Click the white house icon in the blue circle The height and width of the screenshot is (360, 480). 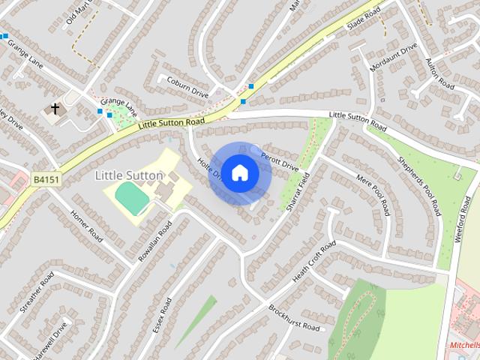239,173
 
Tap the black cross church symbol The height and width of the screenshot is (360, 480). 55,109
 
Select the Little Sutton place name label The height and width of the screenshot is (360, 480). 129,175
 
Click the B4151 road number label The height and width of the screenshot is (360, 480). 46,180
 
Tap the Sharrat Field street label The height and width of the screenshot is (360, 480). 298,192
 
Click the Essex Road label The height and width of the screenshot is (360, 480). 162,315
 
